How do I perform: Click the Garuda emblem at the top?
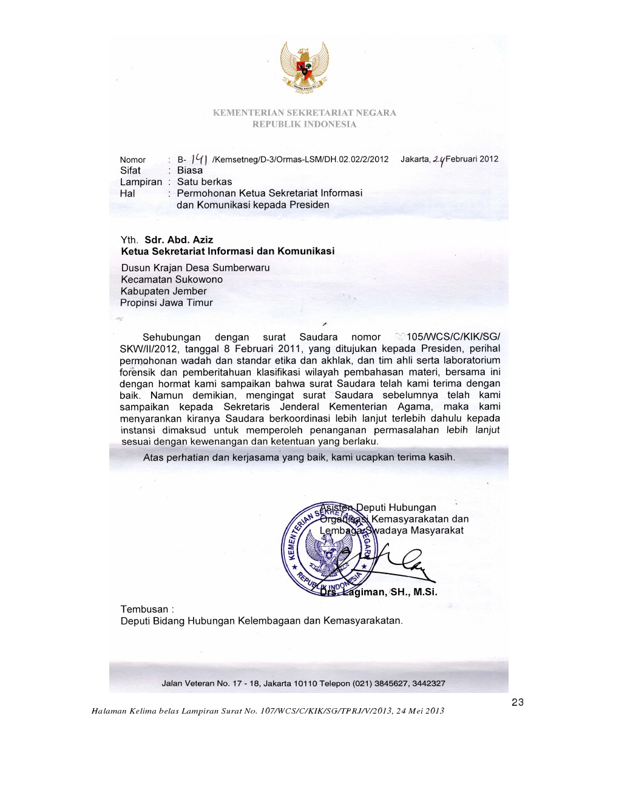coord(305,67)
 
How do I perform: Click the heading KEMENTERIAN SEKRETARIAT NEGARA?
coord(304,113)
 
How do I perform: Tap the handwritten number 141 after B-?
coord(199,159)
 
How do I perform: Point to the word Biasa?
coord(190,171)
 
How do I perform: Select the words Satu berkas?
coord(204,182)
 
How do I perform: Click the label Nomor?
coord(133,160)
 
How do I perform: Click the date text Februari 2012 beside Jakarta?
coord(472,159)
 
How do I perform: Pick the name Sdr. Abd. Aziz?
coord(178,240)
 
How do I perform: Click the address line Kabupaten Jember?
coord(164,291)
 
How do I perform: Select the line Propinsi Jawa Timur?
coord(166,303)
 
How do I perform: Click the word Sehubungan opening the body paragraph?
coord(171,337)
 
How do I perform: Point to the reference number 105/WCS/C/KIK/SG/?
coord(453,337)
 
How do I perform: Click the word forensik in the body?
coord(138,372)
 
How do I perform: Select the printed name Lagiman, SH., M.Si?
coord(389,592)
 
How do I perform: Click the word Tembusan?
coord(144,609)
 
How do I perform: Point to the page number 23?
coord(518,702)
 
